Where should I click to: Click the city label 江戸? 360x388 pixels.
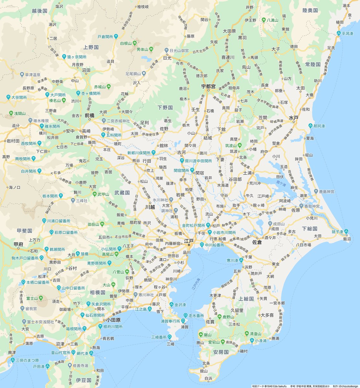point(189,241)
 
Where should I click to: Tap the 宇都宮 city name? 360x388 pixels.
point(208,87)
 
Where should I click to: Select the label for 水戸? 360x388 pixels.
point(293,118)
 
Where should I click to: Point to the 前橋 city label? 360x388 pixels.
point(90,115)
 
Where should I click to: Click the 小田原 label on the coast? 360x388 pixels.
point(113,320)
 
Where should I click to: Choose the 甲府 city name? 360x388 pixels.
point(18,244)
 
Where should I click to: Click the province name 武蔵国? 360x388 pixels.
point(122,193)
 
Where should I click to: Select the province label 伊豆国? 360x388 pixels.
point(84,380)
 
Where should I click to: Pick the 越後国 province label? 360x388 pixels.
point(39,11)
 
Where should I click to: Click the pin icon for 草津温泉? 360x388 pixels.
point(22,75)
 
